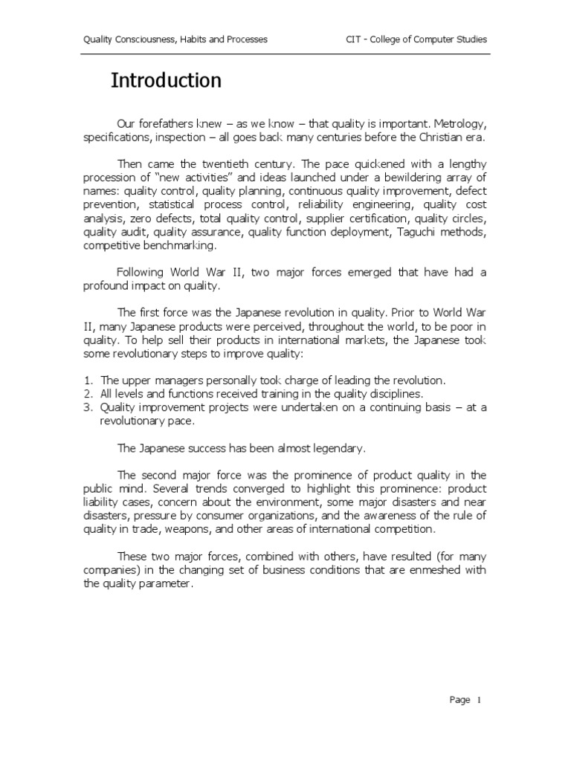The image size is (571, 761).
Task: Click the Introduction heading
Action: [166, 80]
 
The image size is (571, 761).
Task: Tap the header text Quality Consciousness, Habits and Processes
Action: [175, 39]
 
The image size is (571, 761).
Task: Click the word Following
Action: [143, 272]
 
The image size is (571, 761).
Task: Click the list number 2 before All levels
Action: [87, 392]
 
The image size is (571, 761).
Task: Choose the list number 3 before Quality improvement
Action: [87, 407]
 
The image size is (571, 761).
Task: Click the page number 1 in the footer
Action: [480, 700]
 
